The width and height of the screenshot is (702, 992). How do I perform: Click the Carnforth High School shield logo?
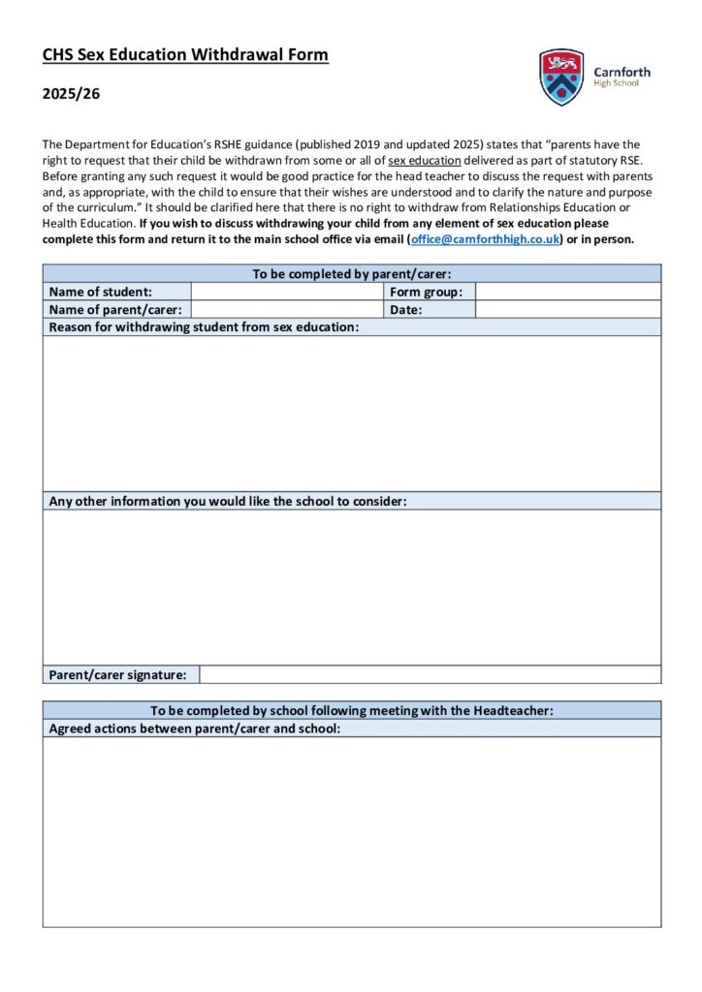pyautogui.click(x=561, y=77)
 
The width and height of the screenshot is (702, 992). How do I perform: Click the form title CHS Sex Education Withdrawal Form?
pyautogui.click(x=185, y=55)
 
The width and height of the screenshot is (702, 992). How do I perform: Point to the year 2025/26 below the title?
pyautogui.click(x=71, y=94)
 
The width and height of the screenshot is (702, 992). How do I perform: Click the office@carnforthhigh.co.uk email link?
pyautogui.click(x=485, y=239)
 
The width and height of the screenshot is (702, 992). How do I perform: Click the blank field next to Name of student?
pyautogui.click(x=287, y=292)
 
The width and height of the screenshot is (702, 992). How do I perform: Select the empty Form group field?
pyautogui.click(x=567, y=292)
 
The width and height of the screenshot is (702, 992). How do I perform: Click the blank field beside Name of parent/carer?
pyautogui.click(x=287, y=310)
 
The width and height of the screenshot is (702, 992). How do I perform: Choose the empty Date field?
pyautogui.click(x=567, y=310)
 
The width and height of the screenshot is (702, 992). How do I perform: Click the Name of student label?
pyautogui.click(x=101, y=292)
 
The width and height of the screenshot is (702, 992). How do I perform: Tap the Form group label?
pyautogui.click(x=426, y=292)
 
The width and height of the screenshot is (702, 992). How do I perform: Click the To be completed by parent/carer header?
pyautogui.click(x=352, y=274)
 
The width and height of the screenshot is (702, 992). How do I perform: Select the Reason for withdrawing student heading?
pyautogui.click(x=204, y=327)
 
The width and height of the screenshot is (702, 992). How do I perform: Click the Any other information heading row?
pyautogui.click(x=228, y=501)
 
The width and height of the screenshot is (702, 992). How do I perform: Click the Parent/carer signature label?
pyautogui.click(x=117, y=674)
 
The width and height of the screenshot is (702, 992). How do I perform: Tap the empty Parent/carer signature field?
pyautogui.click(x=430, y=674)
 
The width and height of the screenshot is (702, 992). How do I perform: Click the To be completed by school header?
pyautogui.click(x=352, y=710)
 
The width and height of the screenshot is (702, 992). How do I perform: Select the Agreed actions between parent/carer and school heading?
pyautogui.click(x=194, y=728)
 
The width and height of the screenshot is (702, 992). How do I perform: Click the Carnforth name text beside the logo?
pyautogui.click(x=622, y=71)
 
